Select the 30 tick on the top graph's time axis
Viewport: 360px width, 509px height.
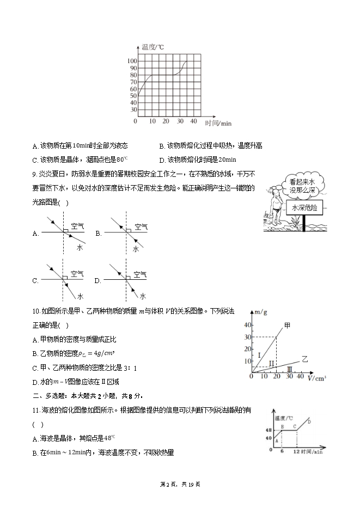click(x=180, y=121)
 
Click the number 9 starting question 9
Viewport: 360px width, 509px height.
click(x=34, y=174)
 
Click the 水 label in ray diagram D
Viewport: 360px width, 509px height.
click(x=142, y=296)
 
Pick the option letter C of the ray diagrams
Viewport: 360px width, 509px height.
click(x=35, y=281)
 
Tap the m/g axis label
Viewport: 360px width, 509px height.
click(x=261, y=312)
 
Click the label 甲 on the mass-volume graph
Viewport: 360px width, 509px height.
click(x=287, y=325)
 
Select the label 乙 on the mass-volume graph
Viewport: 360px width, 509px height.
click(x=305, y=359)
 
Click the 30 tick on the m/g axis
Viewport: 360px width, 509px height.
click(x=247, y=337)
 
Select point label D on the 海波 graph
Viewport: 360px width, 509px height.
click(x=309, y=421)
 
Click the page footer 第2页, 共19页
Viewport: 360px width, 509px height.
click(x=180, y=484)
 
